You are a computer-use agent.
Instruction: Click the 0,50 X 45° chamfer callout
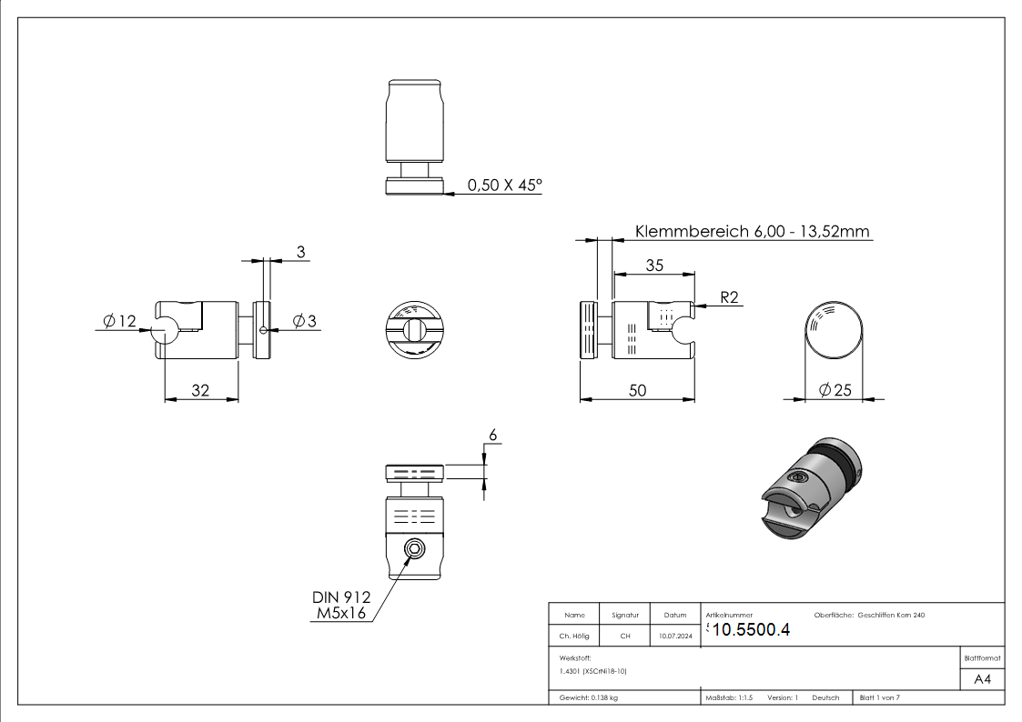504,186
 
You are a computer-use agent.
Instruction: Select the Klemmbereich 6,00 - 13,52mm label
753,231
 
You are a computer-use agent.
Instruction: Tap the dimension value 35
653,265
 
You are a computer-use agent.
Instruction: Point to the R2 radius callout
730,297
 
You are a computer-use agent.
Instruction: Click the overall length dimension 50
637,390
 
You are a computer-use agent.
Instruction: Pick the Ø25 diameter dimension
835,390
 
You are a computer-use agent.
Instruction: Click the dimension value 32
200,390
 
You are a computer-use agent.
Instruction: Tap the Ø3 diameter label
304,320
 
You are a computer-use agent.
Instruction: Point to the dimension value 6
493,436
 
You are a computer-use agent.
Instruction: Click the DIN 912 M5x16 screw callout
342,607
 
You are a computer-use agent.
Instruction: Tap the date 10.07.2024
675,637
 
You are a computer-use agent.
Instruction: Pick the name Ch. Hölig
574,637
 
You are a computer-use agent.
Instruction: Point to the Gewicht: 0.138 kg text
589,697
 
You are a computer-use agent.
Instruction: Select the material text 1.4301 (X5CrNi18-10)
594,671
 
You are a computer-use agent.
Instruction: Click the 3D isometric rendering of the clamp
809,492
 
